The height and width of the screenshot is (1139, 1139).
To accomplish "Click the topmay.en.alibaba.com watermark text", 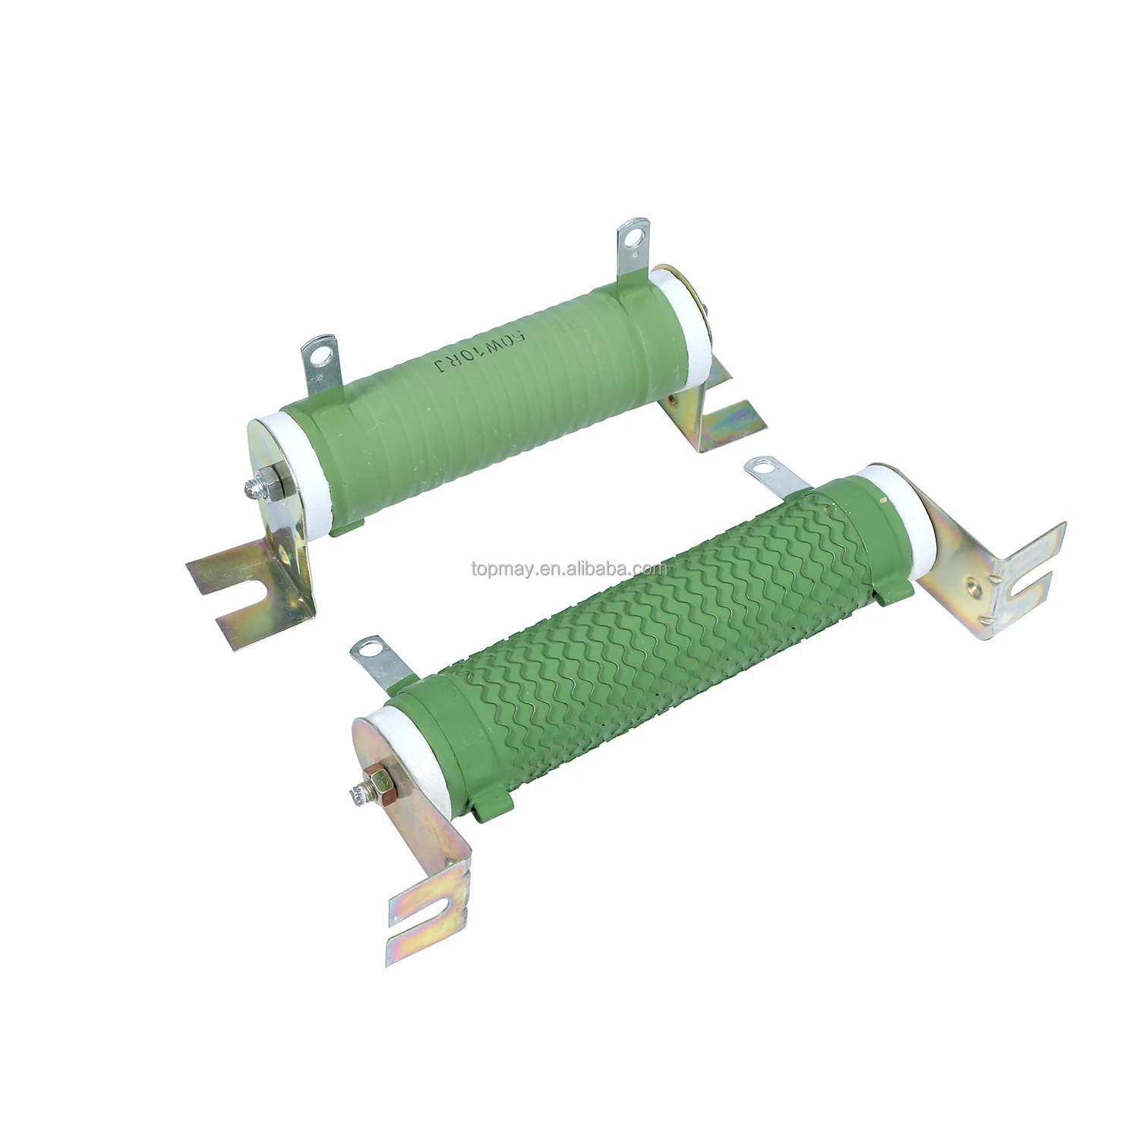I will [568, 568].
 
